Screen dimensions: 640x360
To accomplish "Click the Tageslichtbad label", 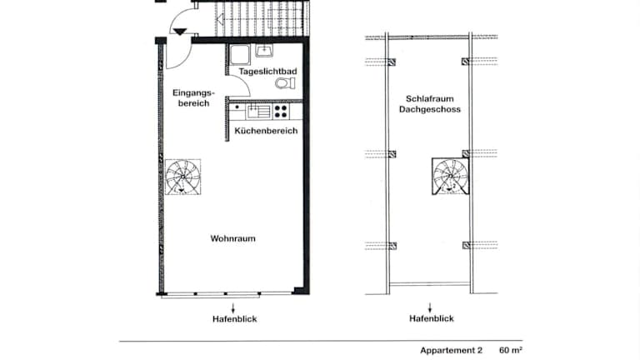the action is [267, 72].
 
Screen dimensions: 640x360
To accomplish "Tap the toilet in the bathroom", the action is [285, 83].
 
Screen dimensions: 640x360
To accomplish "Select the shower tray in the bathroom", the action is [240, 55].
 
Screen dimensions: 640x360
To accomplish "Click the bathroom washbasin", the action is [264, 51].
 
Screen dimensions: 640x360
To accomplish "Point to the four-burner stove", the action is [281, 111].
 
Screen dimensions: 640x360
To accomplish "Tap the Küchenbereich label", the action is [266, 131].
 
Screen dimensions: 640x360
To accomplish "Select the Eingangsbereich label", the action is [193, 98].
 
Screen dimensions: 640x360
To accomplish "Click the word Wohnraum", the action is [233, 238].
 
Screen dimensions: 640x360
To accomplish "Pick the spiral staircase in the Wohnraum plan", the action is [182, 177].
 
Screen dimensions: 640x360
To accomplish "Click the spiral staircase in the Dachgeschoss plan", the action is [451, 177].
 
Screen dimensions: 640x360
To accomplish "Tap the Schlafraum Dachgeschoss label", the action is [430, 104].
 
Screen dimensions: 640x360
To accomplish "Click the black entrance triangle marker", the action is [180, 32].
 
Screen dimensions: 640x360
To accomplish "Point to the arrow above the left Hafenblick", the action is [233, 307].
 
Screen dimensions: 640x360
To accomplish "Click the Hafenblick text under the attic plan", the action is [432, 319].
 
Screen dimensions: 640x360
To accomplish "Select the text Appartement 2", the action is [451, 350].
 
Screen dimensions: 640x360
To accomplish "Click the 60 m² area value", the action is [511, 350].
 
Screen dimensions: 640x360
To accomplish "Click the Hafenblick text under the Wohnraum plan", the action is [235, 319].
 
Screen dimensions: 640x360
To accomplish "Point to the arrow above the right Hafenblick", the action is [429, 307].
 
